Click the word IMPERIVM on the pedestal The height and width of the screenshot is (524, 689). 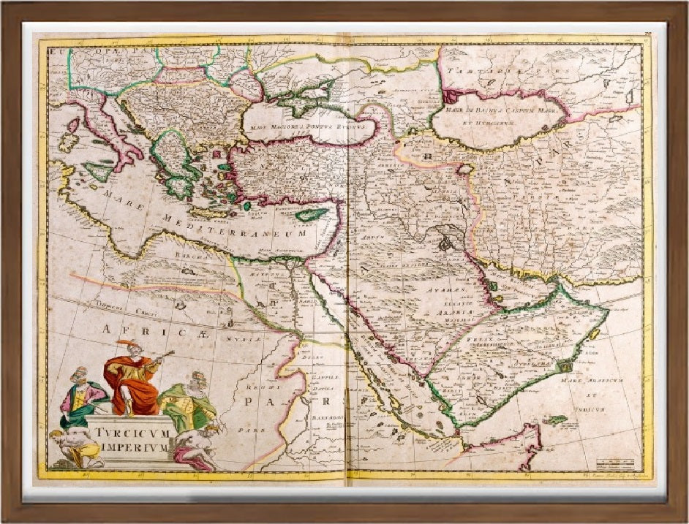[x=132, y=447]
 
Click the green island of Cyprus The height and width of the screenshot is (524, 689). [x=312, y=215]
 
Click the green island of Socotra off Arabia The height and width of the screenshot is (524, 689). [x=556, y=420]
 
